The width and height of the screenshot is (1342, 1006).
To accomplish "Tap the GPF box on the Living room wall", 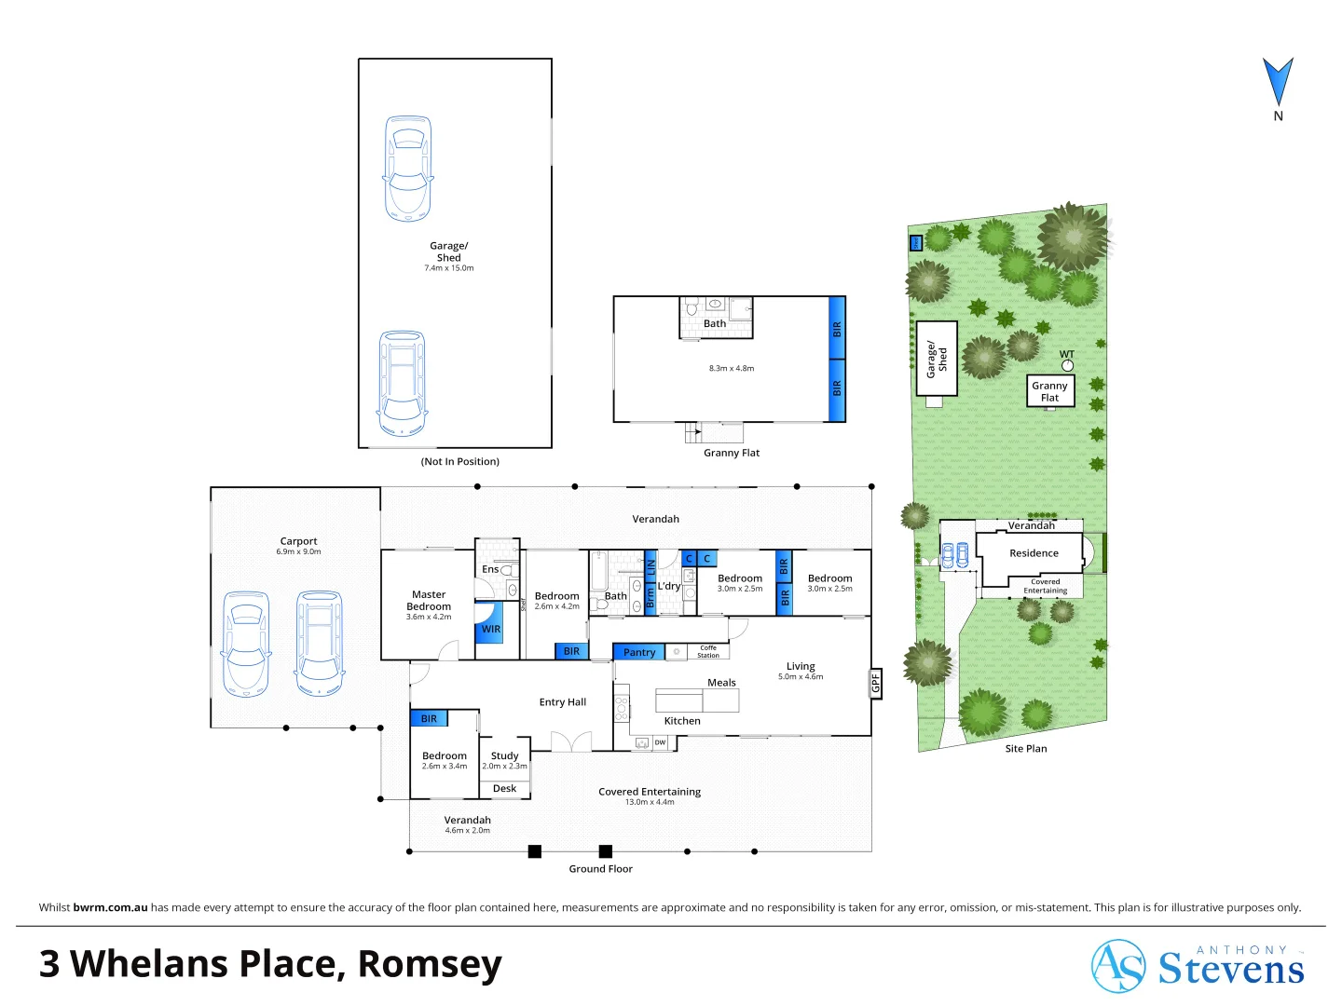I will pyautogui.click(x=875, y=684).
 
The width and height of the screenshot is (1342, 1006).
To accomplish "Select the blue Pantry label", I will pyautogui.click(x=638, y=652).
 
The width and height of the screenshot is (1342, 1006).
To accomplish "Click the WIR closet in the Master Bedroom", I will pyautogui.click(x=490, y=629).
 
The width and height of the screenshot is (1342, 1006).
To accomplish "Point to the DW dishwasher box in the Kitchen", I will pyautogui.click(x=660, y=742).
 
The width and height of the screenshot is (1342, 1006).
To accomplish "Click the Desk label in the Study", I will pyautogui.click(x=504, y=788).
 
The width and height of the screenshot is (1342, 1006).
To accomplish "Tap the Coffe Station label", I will pyautogui.click(x=708, y=651).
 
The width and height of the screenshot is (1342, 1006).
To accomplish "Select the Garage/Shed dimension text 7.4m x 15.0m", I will pyautogui.click(x=448, y=268).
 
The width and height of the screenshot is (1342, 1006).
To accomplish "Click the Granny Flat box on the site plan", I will pyautogui.click(x=1049, y=391).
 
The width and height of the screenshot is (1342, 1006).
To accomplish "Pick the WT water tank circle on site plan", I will pyautogui.click(x=1067, y=365).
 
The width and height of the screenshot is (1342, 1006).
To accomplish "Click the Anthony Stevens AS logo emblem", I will pyautogui.click(x=1117, y=966).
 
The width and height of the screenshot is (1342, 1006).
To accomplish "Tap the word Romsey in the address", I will pyautogui.click(x=430, y=964).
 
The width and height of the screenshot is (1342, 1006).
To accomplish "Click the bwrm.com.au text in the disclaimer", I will pyautogui.click(x=110, y=907).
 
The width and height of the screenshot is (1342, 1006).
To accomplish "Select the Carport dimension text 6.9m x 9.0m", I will pyautogui.click(x=298, y=551).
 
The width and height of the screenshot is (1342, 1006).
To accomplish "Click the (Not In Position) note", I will pyautogui.click(x=459, y=461).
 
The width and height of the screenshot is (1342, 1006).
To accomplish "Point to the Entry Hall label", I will pyautogui.click(x=562, y=702).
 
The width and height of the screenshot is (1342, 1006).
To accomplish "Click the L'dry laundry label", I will pyautogui.click(x=668, y=586).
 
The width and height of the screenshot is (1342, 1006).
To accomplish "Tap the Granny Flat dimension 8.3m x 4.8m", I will pyautogui.click(x=731, y=368).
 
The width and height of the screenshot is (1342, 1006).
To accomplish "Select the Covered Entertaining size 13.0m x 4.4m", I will pyautogui.click(x=649, y=802).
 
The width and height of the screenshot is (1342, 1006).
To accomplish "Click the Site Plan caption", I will pyautogui.click(x=1025, y=748).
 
